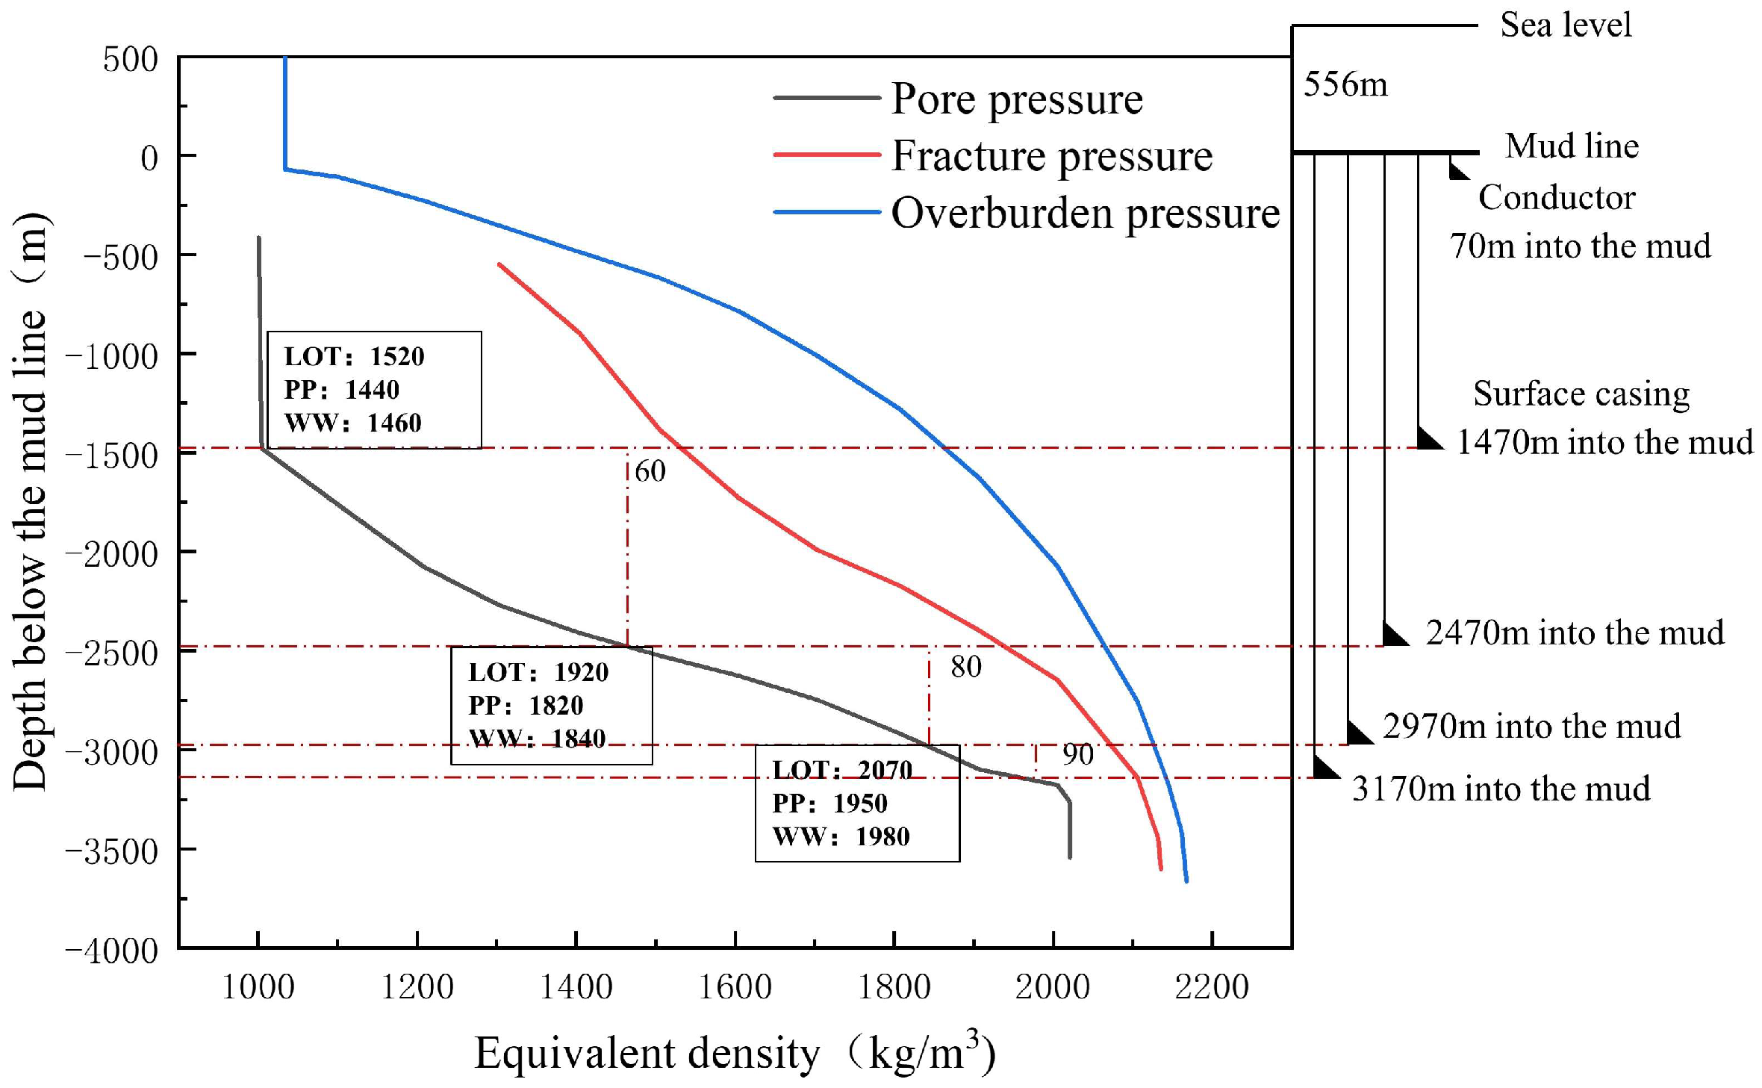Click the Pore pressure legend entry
click(1016, 99)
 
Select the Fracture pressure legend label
click(1051, 156)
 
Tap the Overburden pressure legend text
click(1085, 214)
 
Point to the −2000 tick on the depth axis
click(112, 554)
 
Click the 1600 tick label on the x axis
click(735, 987)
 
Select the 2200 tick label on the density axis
click(1211, 987)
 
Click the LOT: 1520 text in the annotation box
click(354, 356)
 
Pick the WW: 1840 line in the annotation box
click(537, 739)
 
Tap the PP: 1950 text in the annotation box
click(829, 803)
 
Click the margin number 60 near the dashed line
click(650, 471)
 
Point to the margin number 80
click(965, 667)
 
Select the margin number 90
click(1077, 755)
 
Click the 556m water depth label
click(1345, 84)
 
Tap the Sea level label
click(1566, 25)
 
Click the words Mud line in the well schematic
click(1572, 146)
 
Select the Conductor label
click(1557, 198)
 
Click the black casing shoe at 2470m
click(1393, 635)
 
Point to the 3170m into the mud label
click(1501, 789)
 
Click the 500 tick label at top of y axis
click(130, 59)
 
